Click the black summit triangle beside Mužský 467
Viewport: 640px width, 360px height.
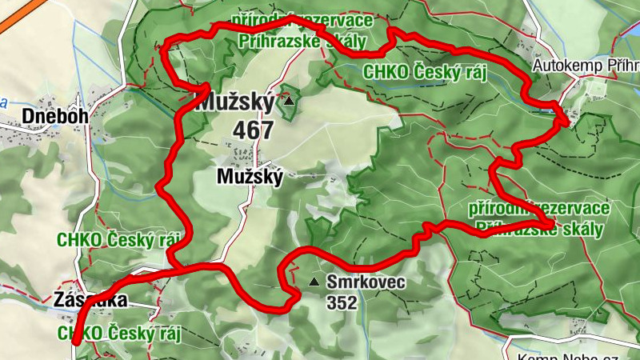pyautogui.click(x=289, y=102)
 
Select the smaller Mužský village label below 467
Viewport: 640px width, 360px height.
pyautogui.click(x=250, y=178)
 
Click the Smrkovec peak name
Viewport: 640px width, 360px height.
pyautogui.click(x=366, y=282)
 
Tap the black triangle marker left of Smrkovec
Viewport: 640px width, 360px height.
pyautogui.click(x=315, y=282)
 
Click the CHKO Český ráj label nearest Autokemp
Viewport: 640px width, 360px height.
pyautogui.click(x=425, y=72)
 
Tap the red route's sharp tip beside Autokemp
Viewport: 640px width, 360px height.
pyautogui.click(x=566, y=121)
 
